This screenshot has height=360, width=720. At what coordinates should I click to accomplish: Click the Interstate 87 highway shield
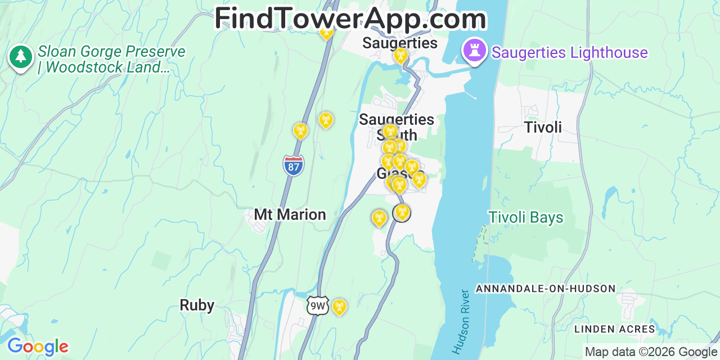tap(293, 166)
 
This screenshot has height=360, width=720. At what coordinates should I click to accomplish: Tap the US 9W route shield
tap(318, 305)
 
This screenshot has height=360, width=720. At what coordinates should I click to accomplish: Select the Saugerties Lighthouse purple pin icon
tap(474, 52)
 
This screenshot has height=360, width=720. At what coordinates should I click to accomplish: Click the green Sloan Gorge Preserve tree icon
tap(21, 57)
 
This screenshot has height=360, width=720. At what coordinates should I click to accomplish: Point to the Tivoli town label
tap(543, 127)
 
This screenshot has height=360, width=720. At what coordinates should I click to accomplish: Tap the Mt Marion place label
tap(290, 214)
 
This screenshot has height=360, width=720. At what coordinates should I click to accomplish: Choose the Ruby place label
tap(197, 305)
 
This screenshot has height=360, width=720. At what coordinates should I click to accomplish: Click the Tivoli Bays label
tap(526, 217)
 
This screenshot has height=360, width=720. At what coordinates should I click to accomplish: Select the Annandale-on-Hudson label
tap(546, 289)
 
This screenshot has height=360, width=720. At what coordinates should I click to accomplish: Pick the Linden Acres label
tap(615, 329)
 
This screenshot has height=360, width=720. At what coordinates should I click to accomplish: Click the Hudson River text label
tap(461, 322)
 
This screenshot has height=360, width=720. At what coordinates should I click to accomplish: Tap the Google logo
tap(38, 346)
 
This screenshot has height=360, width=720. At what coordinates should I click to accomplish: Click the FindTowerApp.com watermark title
tap(350, 19)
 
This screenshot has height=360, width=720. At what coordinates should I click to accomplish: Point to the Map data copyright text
tap(651, 352)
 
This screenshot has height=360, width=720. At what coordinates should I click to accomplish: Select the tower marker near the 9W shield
tap(339, 307)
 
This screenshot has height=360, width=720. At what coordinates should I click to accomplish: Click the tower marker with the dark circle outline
tap(401, 213)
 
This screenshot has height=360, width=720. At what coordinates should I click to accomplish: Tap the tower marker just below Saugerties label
tap(400, 56)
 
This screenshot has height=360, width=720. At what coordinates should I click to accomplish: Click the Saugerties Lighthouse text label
tap(569, 53)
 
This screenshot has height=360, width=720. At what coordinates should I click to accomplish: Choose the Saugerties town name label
tap(400, 43)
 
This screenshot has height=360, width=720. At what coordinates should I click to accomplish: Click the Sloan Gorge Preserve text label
tap(111, 60)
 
